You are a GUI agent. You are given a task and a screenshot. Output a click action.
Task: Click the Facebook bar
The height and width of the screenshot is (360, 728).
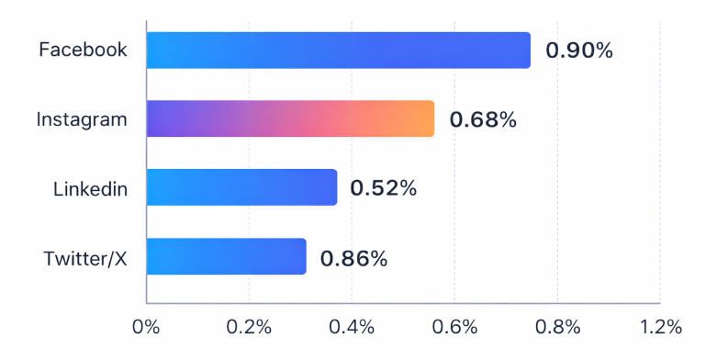tap(338, 51)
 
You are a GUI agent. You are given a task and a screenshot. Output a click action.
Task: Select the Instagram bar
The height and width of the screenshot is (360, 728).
tap(290, 118)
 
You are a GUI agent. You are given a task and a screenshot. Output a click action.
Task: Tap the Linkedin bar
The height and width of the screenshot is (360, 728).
tap(241, 187)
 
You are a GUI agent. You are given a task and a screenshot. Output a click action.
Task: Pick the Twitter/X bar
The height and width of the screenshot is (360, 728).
tap(226, 256)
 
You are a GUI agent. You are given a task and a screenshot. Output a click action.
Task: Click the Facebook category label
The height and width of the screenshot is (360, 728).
tap(83, 50)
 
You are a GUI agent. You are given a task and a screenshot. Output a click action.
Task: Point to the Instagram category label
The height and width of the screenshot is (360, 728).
tap(82, 118)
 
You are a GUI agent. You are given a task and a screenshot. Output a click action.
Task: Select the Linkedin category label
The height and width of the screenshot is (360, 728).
tap(89, 189)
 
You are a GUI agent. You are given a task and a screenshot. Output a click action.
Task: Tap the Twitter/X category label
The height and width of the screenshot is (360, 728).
tap(84, 258)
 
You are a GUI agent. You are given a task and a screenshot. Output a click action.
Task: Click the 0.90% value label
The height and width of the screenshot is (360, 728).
tap(578, 51)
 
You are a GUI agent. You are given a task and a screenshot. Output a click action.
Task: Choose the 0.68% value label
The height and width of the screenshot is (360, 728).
tap(482, 119)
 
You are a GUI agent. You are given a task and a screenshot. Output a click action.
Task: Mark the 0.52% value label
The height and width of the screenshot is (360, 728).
tap(385, 188)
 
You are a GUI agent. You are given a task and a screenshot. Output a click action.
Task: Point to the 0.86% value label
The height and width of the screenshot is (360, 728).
tap(353, 258)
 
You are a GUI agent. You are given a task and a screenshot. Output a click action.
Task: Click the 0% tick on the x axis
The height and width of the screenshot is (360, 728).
tap(146, 327)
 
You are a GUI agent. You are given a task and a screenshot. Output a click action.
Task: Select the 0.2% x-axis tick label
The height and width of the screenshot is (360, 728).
tap(249, 327)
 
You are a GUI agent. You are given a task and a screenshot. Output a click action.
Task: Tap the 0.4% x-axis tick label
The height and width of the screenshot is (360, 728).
tap(353, 327)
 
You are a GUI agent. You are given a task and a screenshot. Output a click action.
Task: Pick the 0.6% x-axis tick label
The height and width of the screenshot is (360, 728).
tap(455, 327)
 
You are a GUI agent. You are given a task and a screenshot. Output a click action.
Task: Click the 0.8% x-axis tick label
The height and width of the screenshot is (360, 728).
tap(558, 327)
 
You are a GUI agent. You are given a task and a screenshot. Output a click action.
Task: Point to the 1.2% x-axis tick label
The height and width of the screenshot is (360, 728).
tap(660, 327)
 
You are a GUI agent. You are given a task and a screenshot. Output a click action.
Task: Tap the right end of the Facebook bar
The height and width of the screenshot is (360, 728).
tap(524, 51)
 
